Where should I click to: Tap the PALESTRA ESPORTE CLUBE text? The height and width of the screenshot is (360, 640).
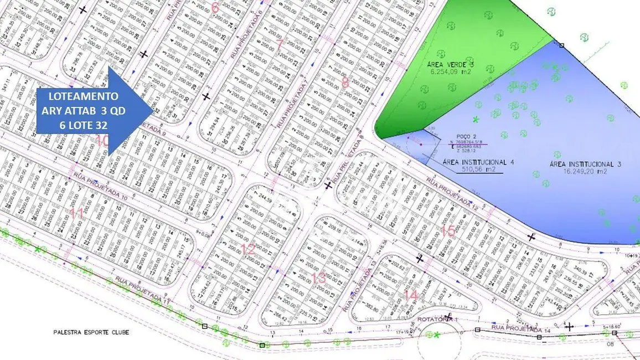(x=91, y=332)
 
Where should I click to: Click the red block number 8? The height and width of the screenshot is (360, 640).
(x=345, y=83)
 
